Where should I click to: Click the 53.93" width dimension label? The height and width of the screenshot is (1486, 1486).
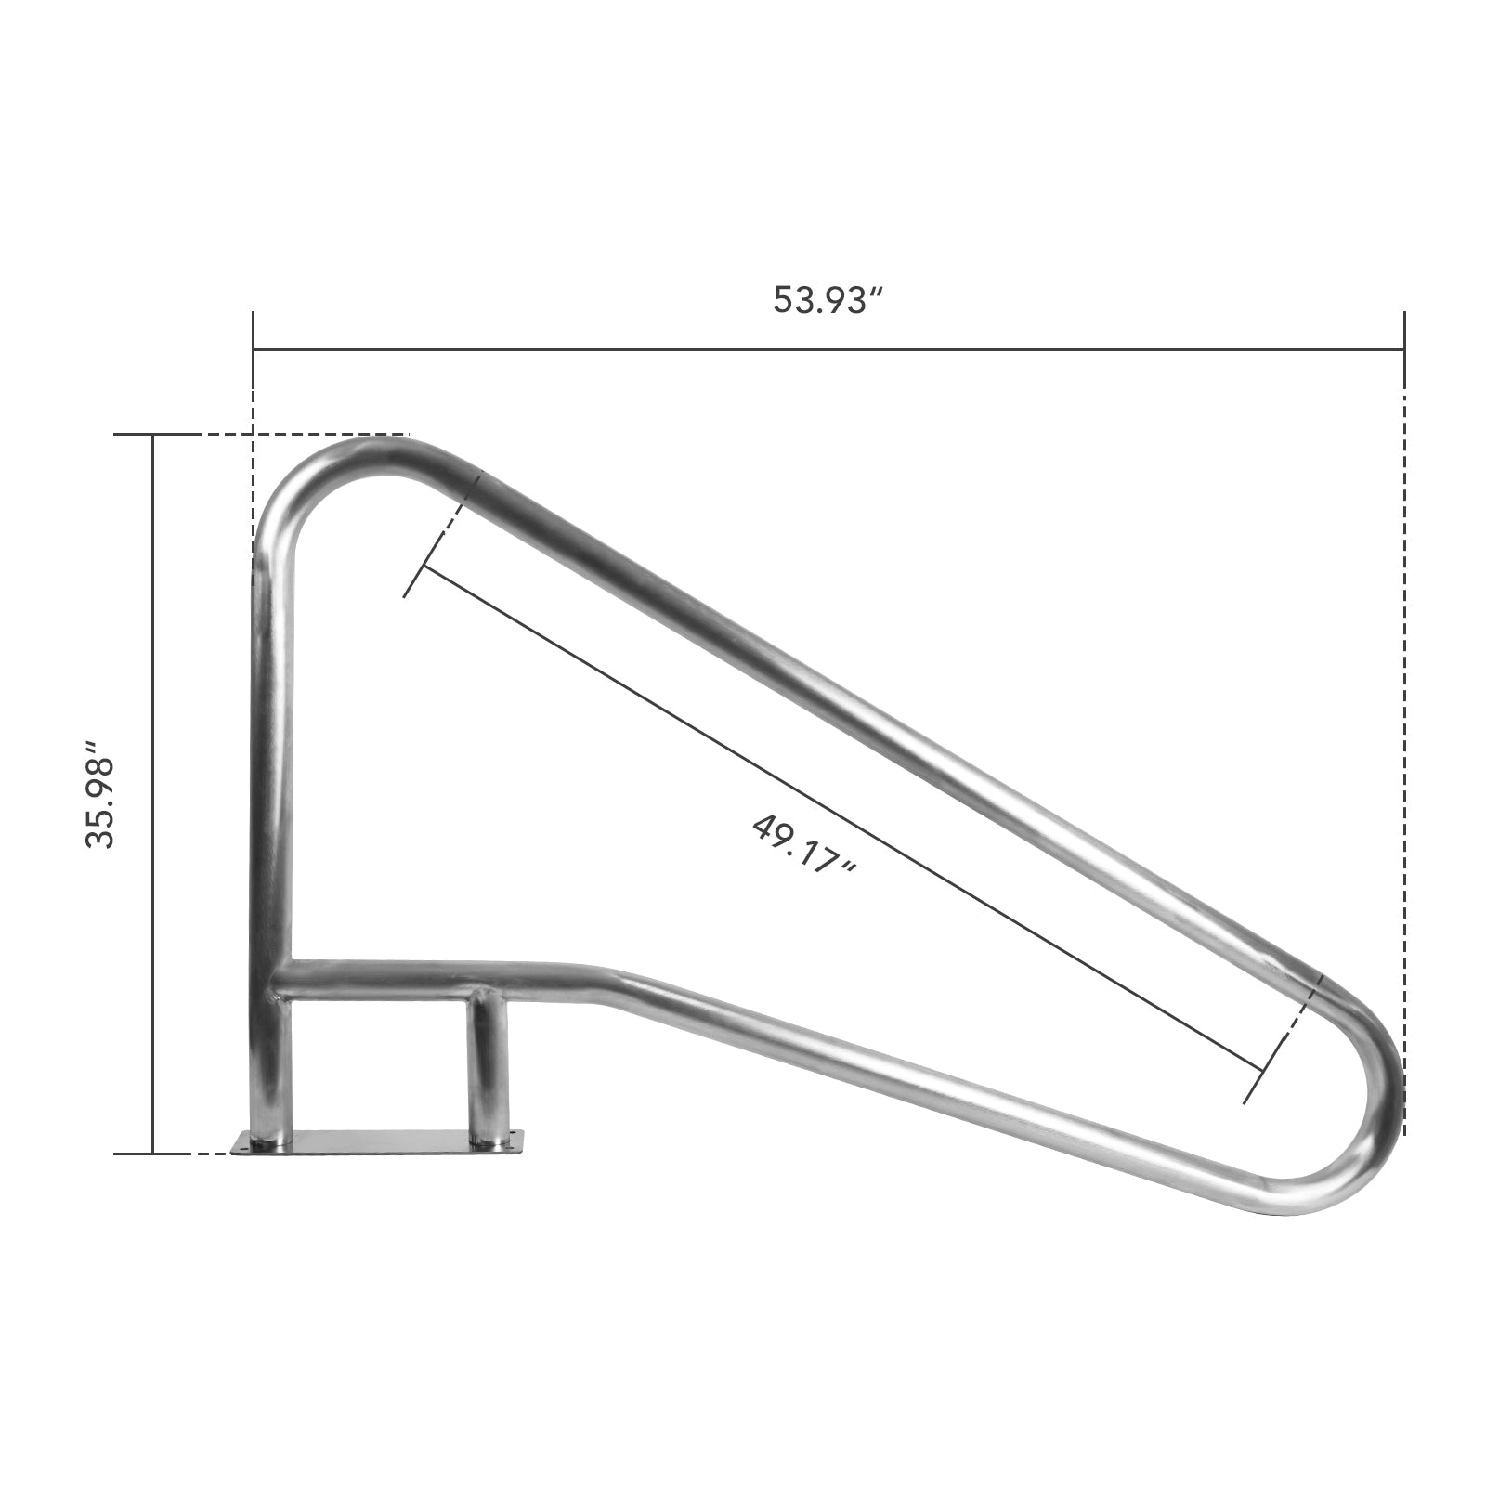828,301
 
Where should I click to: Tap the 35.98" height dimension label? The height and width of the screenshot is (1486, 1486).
99,794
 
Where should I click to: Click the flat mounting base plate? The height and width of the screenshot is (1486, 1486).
381,1142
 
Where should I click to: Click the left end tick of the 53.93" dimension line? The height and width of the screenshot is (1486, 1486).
254,349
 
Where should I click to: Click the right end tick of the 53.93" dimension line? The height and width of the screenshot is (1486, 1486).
1403,349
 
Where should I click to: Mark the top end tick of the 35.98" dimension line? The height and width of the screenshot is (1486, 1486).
152,435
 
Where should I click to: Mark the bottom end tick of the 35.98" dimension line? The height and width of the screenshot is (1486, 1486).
152,1154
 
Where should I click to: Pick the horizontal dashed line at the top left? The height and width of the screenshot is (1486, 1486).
306,435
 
